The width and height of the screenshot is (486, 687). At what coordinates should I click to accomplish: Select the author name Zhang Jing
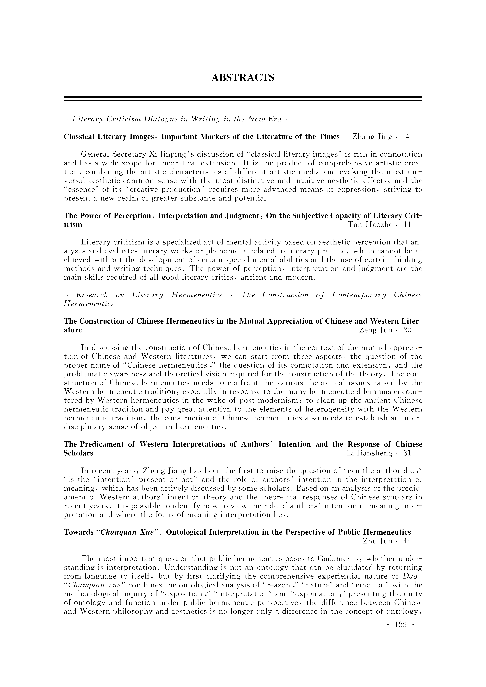[372, 137]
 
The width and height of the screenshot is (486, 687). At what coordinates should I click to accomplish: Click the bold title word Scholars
[78, 453]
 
